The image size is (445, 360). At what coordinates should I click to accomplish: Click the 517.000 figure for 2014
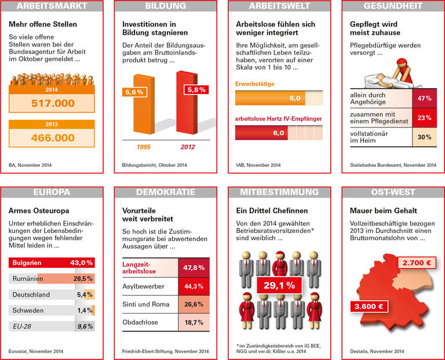(x=52, y=103)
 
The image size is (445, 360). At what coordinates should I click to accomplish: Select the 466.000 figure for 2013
(x=52, y=138)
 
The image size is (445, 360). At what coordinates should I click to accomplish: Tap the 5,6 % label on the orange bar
(x=134, y=92)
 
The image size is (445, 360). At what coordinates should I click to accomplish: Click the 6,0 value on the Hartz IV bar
(x=279, y=133)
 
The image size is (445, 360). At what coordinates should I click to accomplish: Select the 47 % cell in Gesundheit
(x=425, y=99)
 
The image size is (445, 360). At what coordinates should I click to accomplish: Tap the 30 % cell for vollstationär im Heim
(x=425, y=137)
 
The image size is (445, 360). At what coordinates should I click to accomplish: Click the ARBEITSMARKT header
(x=52, y=6)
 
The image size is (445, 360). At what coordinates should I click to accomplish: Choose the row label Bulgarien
(x=26, y=263)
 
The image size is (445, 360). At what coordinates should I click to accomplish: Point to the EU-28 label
(x=23, y=326)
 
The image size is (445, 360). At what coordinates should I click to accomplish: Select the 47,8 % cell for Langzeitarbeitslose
(x=193, y=268)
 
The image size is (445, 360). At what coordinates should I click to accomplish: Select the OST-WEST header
(x=393, y=192)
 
